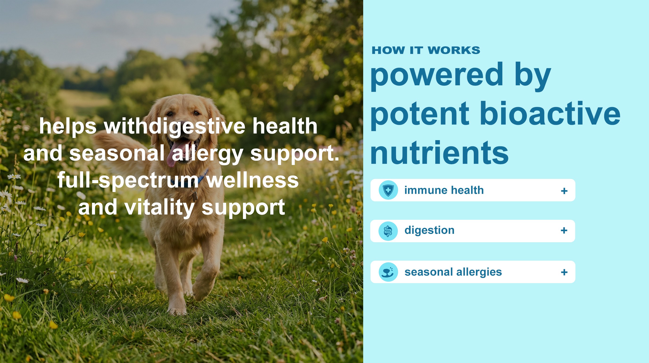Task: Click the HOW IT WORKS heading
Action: tap(426, 50)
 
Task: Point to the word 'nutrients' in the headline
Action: tap(439, 153)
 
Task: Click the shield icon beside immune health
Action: tap(388, 190)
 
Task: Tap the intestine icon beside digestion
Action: tap(388, 231)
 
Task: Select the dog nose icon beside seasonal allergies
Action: tap(388, 272)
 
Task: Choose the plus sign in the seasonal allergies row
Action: tap(564, 272)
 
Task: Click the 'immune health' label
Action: tap(444, 190)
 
